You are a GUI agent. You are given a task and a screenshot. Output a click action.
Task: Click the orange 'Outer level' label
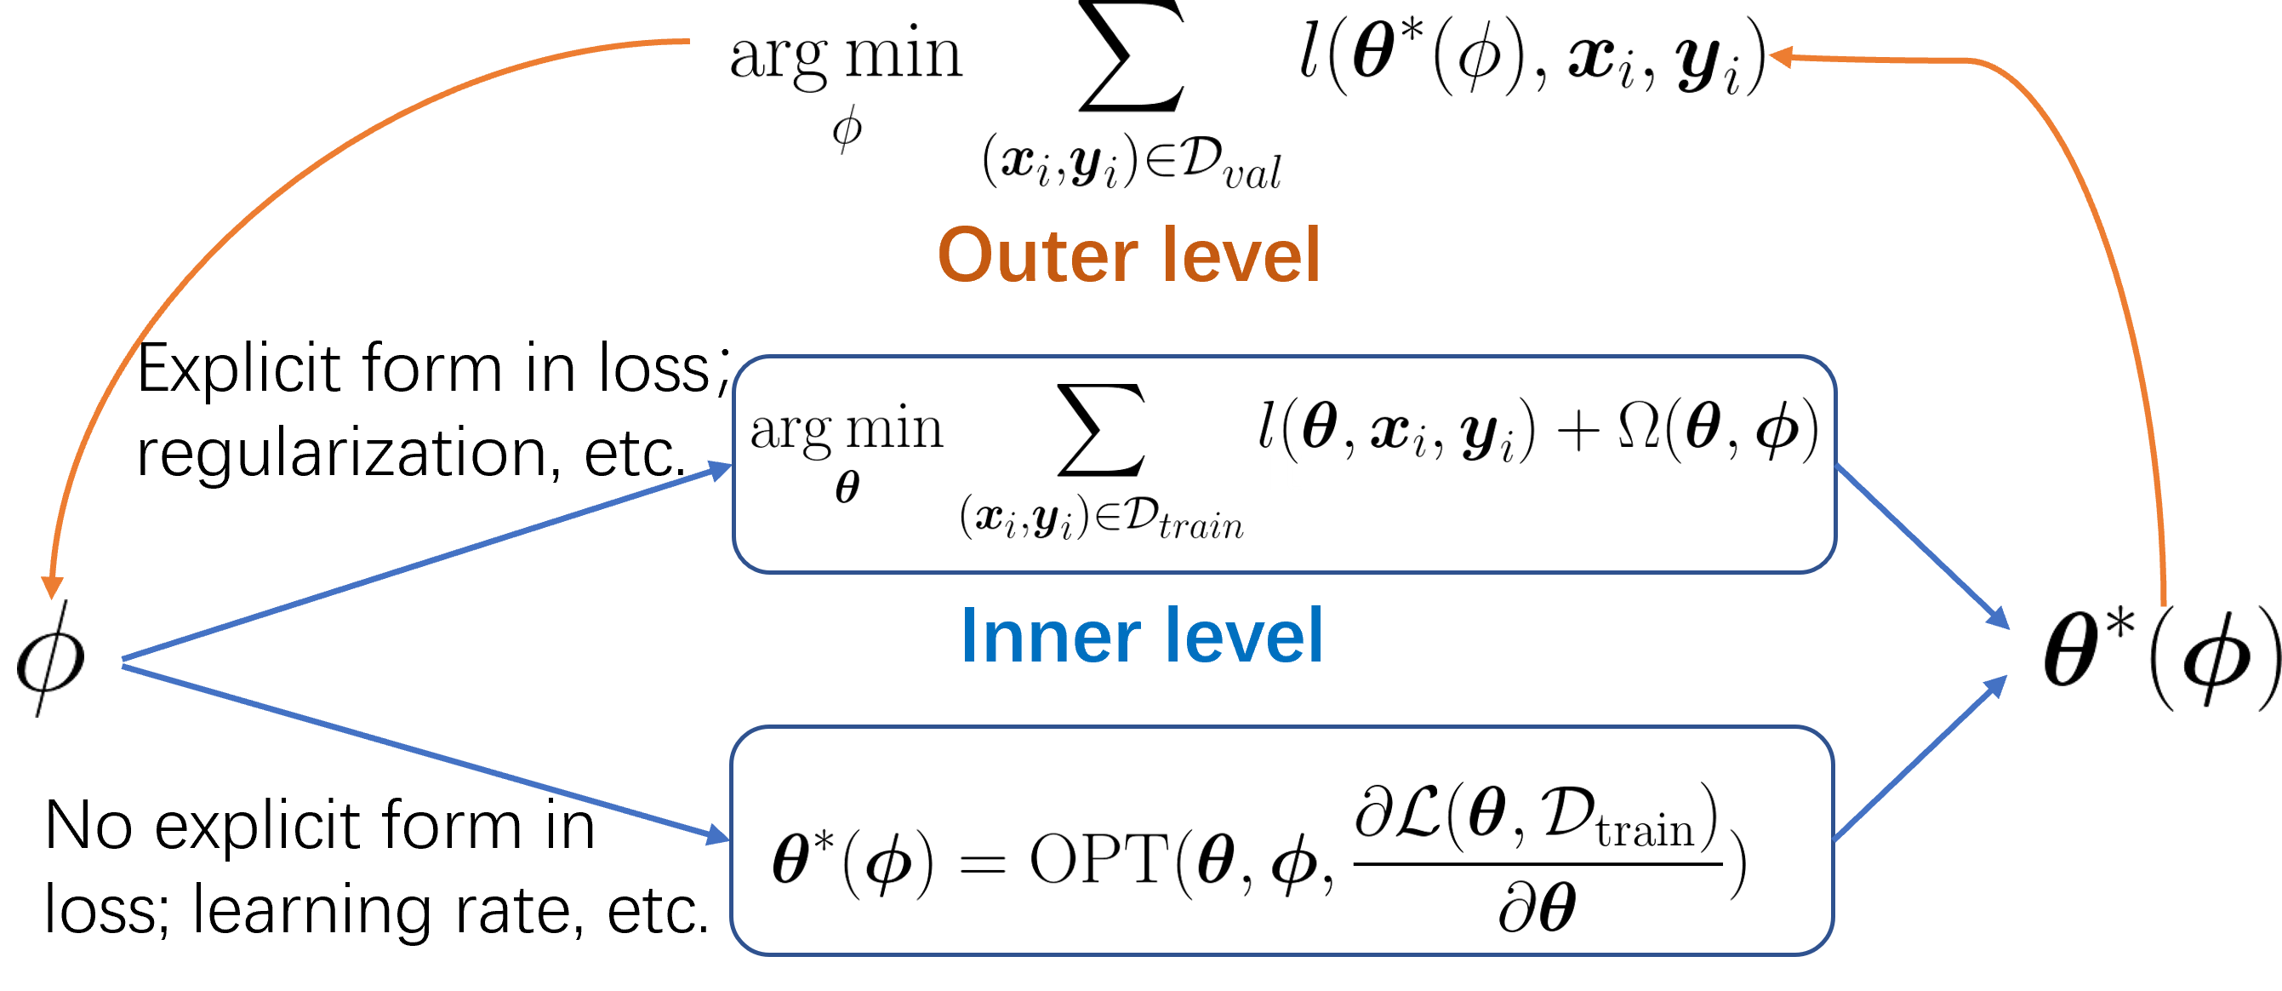point(1128,256)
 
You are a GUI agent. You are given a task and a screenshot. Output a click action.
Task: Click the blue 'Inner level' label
point(1141,637)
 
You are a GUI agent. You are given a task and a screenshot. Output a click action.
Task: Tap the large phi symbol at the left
point(50,659)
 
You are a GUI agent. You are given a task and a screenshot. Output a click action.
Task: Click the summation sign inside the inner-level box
point(1101,431)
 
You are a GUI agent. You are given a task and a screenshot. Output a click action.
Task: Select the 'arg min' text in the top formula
point(846,55)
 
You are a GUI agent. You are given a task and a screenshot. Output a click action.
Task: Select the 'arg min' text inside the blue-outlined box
point(847,429)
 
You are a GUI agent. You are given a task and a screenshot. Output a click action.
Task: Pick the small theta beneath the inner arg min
point(847,487)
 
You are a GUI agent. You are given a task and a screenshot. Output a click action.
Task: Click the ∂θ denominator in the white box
point(1537,907)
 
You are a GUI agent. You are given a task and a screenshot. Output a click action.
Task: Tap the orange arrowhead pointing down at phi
point(52,586)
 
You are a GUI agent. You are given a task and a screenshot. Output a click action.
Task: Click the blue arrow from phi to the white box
point(425,752)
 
